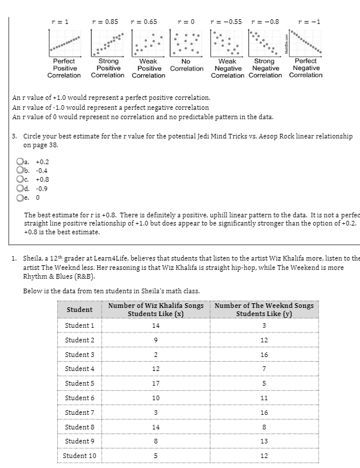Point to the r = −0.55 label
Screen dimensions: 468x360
pyautogui.click(x=226, y=22)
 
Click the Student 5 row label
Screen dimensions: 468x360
pyautogui.click(x=79, y=383)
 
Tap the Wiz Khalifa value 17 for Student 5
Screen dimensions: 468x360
pyautogui.click(x=155, y=383)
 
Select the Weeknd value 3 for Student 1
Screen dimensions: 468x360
pyautogui.click(x=264, y=325)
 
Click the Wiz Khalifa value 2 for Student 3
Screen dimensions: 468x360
pyautogui.click(x=155, y=355)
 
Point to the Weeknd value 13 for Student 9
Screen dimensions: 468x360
pyautogui.click(x=264, y=441)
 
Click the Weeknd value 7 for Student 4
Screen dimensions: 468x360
pyautogui.click(x=264, y=369)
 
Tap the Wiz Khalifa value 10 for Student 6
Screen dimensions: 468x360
pyautogui.click(x=155, y=398)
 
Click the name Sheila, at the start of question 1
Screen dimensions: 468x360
pyautogui.click(x=34, y=258)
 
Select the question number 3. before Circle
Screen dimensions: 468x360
pyautogui.click(x=15, y=136)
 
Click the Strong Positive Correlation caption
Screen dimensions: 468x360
pyautogui.click(x=108, y=68)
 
